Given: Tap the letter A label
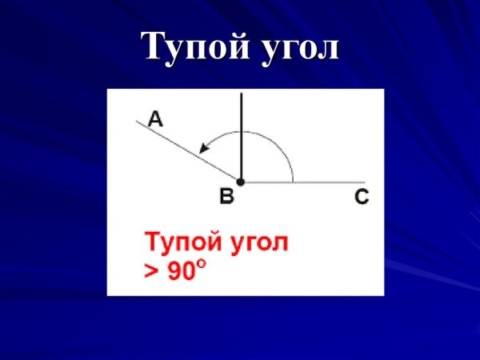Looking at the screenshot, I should [155, 120].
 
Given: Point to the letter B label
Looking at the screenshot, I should [226, 197].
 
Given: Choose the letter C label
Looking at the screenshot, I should [362, 198].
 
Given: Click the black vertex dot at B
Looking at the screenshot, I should [241, 182].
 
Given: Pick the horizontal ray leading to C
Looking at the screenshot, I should [320, 182].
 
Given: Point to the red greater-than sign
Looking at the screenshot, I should [151, 271].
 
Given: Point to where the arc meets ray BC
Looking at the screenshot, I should [293, 182].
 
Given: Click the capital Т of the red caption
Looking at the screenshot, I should [151, 242].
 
